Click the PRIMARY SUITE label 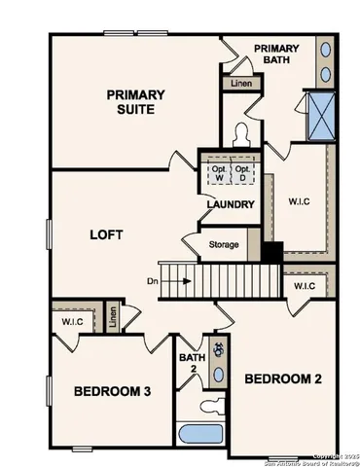(x=135, y=101)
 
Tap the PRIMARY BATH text (x=276, y=55)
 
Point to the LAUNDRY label (x=231, y=204)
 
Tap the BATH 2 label (x=192, y=364)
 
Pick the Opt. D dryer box (x=243, y=172)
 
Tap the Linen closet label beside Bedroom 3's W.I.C (x=114, y=317)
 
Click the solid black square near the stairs (x=274, y=251)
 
